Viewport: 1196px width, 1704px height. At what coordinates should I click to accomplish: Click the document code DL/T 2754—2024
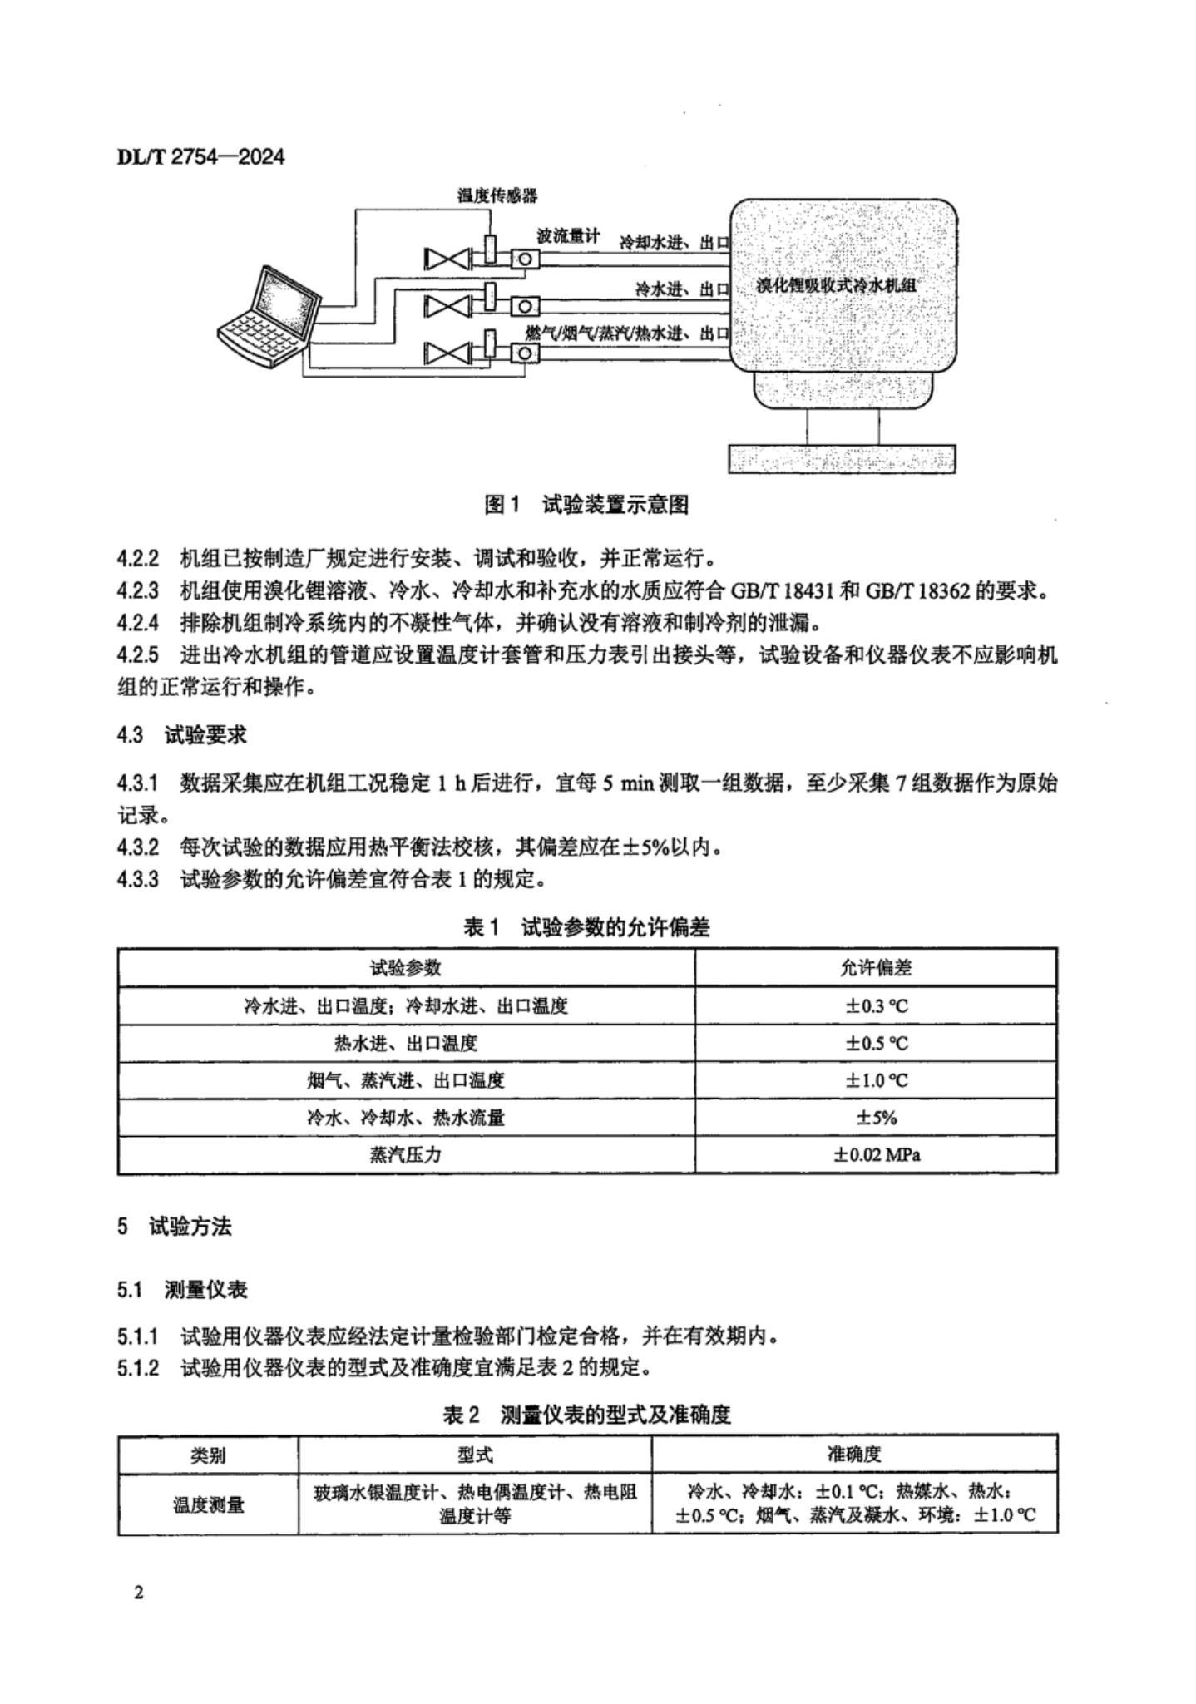coord(200,156)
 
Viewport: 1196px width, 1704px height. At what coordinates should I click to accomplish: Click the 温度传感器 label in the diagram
coord(497,195)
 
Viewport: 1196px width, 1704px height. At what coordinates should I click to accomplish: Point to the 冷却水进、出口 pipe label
coord(674,243)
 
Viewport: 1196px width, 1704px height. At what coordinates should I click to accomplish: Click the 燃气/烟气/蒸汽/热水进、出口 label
coord(627,333)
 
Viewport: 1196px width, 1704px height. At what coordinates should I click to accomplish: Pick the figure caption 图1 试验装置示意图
coord(586,505)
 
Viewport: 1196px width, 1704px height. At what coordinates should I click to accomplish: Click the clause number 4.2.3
coord(137,592)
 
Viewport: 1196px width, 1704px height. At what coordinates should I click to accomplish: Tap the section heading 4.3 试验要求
coord(182,735)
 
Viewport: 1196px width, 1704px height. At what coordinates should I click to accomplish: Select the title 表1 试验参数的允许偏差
coord(586,927)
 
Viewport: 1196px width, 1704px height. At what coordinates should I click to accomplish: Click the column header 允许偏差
coord(876,967)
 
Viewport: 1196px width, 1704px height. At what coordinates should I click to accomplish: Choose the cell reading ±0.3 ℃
coord(876,1005)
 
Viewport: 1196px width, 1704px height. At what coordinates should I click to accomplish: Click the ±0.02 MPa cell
coord(876,1155)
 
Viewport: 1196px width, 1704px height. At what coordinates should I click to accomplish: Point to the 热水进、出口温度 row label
coord(406,1043)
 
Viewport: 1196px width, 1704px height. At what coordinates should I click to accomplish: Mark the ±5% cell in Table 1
coord(876,1118)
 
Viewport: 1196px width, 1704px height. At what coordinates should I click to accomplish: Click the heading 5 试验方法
coord(175,1227)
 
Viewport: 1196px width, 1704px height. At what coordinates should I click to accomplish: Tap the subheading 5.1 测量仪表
coord(182,1290)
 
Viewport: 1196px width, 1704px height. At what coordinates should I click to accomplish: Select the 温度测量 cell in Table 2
coord(208,1504)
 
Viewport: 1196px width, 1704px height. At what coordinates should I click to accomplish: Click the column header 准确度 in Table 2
coord(854,1454)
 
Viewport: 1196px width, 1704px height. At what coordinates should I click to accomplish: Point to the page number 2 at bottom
coord(138,1593)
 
